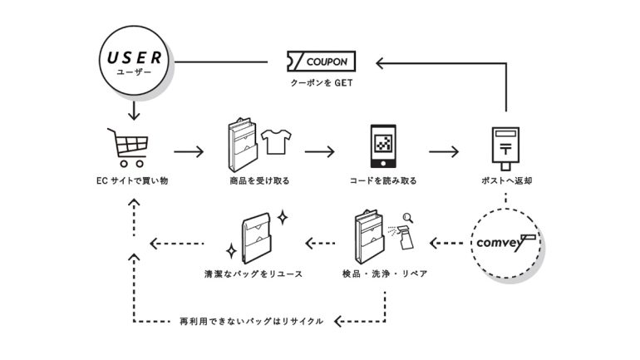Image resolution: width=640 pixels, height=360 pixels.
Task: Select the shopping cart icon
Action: click(126, 147)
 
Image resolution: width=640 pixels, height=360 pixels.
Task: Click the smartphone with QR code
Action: click(383, 148)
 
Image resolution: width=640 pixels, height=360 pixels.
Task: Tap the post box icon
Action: click(506, 147)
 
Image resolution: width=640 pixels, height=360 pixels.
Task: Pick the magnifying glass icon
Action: click(407, 219)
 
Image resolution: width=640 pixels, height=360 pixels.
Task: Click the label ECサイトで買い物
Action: click(132, 180)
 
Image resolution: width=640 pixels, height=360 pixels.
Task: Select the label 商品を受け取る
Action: click(255, 180)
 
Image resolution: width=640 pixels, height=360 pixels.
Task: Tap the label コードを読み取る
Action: click(383, 180)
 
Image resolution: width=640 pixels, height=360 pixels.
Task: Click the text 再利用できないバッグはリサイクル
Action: click(251, 320)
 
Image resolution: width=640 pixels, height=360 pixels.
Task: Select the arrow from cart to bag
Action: click(189, 152)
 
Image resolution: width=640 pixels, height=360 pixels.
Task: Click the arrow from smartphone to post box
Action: click(444, 152)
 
